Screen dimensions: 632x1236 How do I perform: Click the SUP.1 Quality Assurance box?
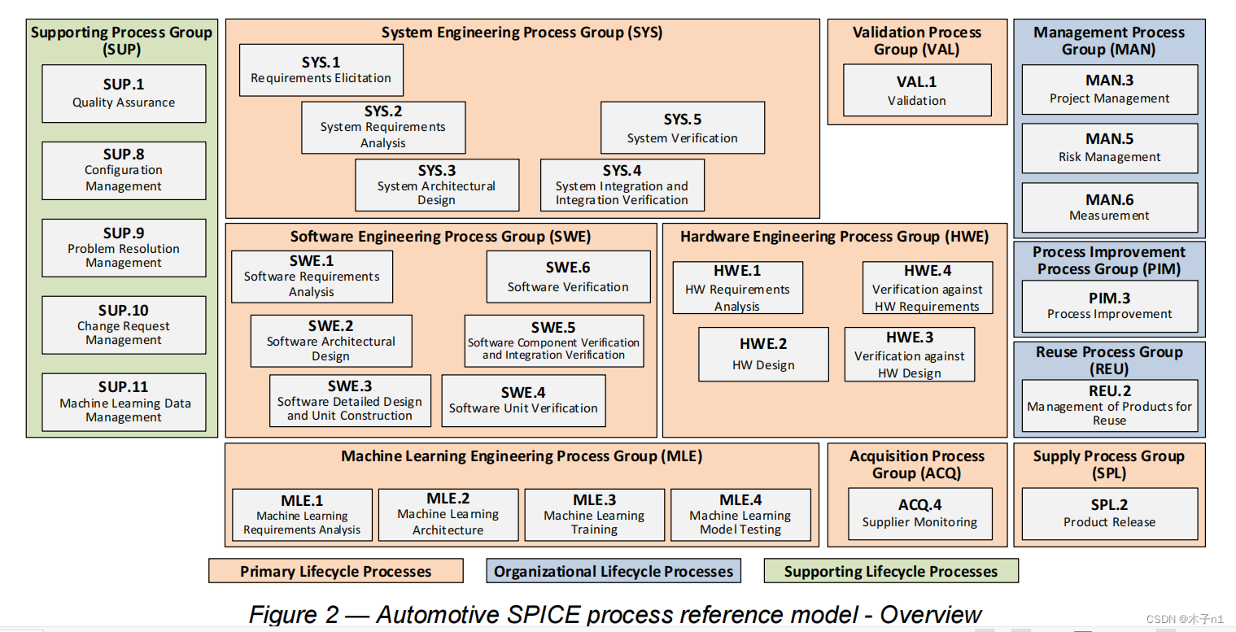click(x=124, y=94)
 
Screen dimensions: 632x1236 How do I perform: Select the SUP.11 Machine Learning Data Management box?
click(x=124, y=402)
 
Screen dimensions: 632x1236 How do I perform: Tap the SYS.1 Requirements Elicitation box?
click(x=321, y=70)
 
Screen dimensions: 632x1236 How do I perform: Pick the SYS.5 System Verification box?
click(x=682, y=128)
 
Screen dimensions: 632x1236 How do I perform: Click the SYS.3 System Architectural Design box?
click(x=436, y=185)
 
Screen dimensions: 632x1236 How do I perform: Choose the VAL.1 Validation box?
click(x=916, y=90)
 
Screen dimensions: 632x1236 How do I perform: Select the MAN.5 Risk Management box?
click(x=1109, y=148)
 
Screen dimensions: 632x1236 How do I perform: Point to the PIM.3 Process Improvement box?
click(x=1109, y=306)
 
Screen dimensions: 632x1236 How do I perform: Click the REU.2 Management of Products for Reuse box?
click(x=1109, y=405)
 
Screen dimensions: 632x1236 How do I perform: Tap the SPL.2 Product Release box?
click(x=1109, y=513)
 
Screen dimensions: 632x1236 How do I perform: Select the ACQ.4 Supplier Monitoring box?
click(x=919, y=513)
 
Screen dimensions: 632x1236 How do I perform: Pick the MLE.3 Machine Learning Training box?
click(x=594, y=514)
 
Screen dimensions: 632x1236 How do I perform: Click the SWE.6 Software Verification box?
click(x=568, y=277)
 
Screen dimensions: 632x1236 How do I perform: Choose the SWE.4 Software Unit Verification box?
click(x=523, y=400)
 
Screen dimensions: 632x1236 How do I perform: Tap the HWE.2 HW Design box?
click(x=763, y=355)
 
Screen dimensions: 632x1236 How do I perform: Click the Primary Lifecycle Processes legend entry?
click(x=335, y=571)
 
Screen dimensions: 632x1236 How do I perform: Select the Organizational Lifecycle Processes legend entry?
click(x=613, y=571)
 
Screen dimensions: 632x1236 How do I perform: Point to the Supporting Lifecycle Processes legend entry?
click(x=890, y=571)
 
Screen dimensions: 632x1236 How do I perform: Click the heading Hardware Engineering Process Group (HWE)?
click(x=834, y=237)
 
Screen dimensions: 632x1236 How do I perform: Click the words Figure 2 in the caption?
click(x=293, y=614)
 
